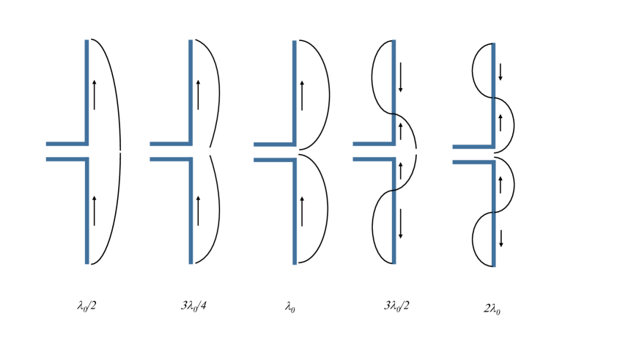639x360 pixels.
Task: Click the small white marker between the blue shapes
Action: (x=416, y=152)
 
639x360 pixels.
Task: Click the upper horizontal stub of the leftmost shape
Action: (x=66, y=144)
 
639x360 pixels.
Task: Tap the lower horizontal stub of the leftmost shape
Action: (x=66, y=159)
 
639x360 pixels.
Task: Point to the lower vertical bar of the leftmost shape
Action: (x=86, y=213)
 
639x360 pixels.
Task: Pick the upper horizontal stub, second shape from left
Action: (x=170, y=144)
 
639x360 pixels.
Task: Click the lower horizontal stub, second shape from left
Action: (x=170, y=159)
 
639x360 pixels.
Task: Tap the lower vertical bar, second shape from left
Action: (x=191, y=213)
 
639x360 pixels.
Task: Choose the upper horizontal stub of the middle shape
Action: (x=274, y=145)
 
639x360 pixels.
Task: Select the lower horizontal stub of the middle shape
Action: (x=274, y=160)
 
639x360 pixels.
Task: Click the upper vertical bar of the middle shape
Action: (x=295, y=91)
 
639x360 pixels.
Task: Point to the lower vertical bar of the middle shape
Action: (x=295, y=213)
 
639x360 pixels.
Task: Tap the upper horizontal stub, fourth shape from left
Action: (x=373, y=144)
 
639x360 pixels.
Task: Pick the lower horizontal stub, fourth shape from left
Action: (x=373, y=159)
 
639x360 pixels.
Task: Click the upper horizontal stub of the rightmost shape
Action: (x=473, y=147)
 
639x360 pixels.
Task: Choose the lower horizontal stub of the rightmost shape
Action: (x=473, y=162)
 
